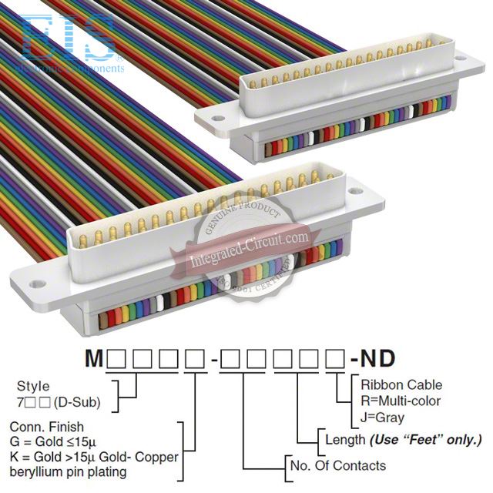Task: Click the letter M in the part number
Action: click(x=93, y=359)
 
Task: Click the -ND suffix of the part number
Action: click(x=374, y=359)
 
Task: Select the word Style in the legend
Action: click(x=33, y=387)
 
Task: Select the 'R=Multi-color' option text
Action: click(x=401, y=401)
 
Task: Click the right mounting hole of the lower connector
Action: click(x=355, y=189)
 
